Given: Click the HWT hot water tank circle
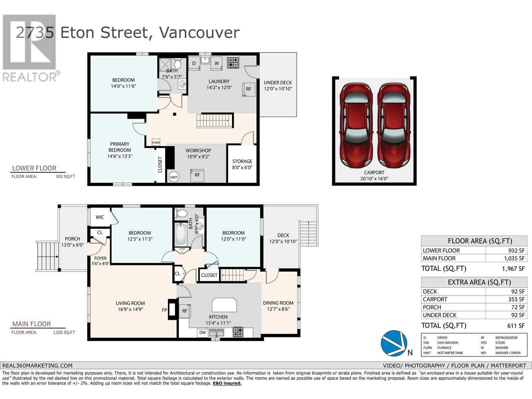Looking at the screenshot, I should click(174, 177).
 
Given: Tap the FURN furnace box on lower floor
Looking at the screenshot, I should click(156, 142).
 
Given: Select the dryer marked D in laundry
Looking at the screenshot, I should click(194, 64).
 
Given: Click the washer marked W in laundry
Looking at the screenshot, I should click(216, 64).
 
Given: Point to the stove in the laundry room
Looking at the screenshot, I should click(233, 62).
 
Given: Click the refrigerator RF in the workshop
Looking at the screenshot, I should click(197, 175).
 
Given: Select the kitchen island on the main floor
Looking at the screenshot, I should click(224, 304).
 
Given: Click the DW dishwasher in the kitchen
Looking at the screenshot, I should click(202, 332).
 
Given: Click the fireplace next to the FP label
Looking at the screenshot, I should click(173, 310).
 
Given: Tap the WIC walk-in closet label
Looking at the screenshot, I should click(100, 217).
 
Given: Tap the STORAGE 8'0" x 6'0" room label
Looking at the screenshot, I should click(242, 164).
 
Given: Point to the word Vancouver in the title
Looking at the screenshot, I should click(199, 33).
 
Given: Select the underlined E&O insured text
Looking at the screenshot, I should click(227, 383).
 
